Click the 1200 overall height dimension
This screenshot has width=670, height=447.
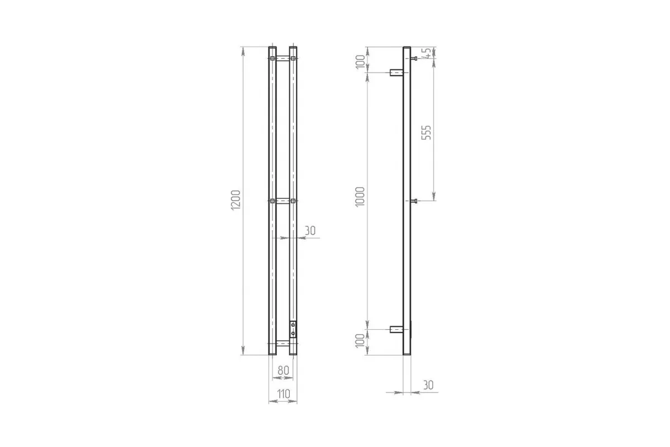[236, 200]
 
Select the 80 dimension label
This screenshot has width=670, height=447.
[283, 370]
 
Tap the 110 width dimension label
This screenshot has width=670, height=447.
[283, 394]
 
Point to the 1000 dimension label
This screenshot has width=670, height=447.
[360, 197]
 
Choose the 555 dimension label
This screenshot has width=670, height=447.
[426, 132]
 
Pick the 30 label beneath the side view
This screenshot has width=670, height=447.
[428, 385]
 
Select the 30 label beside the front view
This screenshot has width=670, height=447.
[310, 231]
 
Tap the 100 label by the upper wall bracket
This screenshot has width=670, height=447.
[361, 62]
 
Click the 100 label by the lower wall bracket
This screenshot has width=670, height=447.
[361, 341]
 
